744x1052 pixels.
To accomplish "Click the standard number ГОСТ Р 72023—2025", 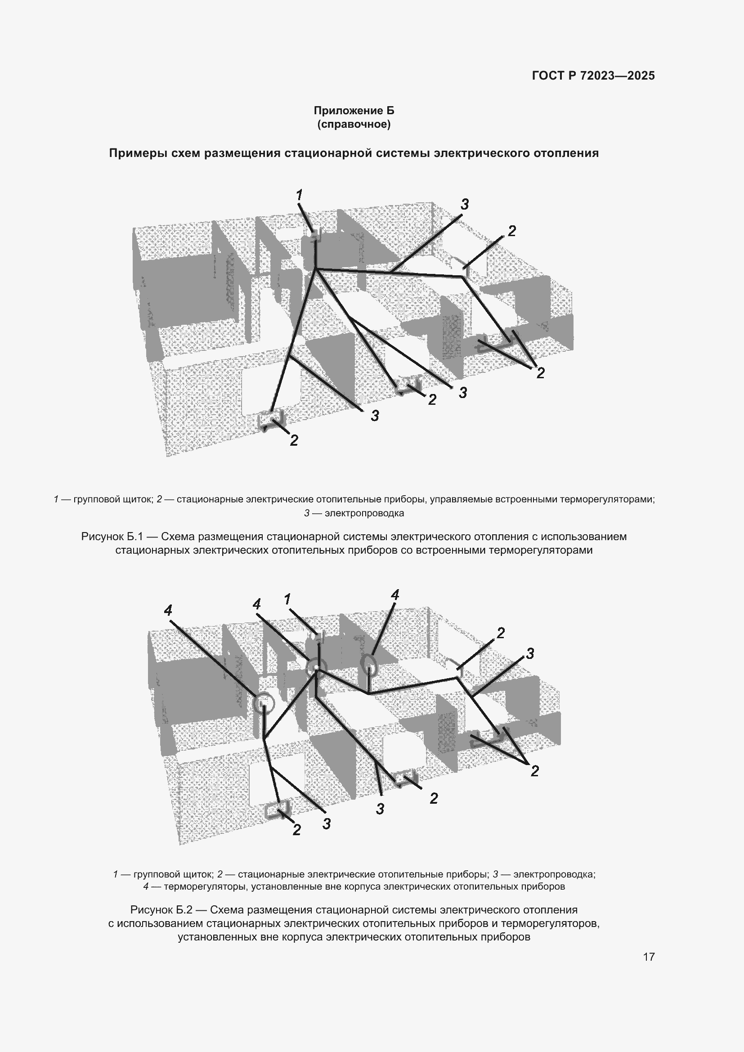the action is click(593, 76).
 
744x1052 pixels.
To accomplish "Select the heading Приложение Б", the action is click(354, 111).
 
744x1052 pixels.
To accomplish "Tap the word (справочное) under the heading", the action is click(354, 124).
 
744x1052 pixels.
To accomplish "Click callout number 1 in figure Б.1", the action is click(299, 195).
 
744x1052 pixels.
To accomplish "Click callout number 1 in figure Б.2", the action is click(287, 599).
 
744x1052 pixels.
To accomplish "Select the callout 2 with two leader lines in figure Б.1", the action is click(541, 373).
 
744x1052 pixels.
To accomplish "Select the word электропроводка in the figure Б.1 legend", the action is click(364, 513).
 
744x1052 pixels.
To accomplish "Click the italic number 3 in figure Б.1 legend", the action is click(307, 513).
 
